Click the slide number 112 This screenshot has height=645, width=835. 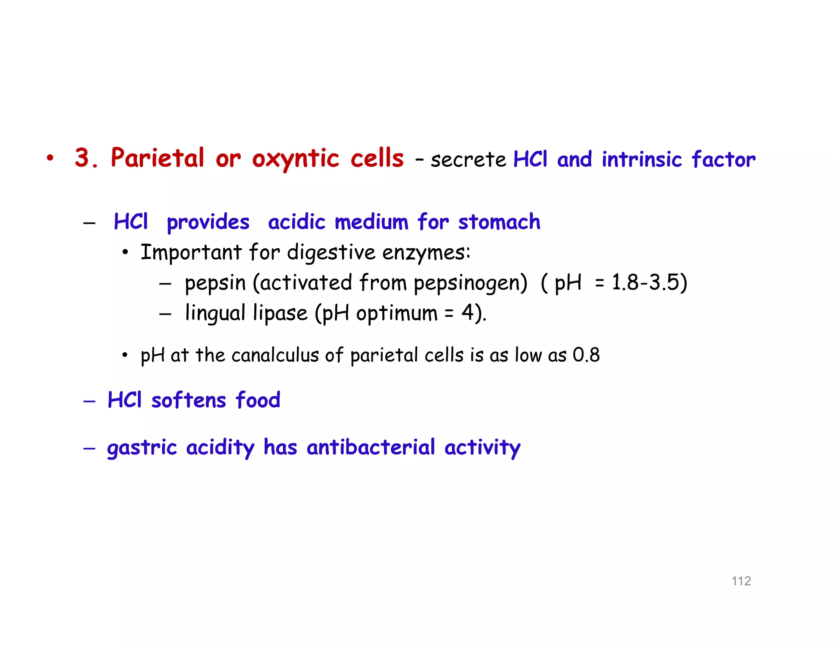[x=741, y=581]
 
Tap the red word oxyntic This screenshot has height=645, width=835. [x=295, y=159]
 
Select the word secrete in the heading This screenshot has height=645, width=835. [x=468, y=159]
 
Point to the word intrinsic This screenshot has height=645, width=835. [x=641, y=159]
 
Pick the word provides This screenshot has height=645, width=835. [x=208, y=223]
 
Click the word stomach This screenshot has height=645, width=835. [x=499, y=222]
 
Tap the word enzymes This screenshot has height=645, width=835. [x=426, y=252]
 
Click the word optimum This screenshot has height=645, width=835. [x=396, y=313]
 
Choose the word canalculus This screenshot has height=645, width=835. [x=275, y=355]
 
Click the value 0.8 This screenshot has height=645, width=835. [x=586, y=355]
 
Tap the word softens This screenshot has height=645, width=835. [x=188, y=400]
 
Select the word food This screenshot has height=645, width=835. [x=258, y=400]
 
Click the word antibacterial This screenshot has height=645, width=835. [x=371, y=447]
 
